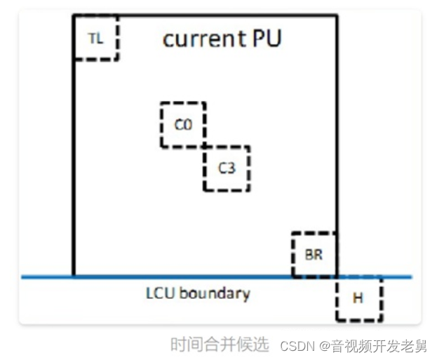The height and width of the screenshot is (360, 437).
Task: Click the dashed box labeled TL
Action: coord(96,37)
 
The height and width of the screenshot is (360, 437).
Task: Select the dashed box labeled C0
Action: coord(182,124)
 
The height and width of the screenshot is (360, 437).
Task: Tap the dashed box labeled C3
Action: coord(226,168)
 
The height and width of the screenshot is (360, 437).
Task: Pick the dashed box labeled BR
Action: coord(314,254)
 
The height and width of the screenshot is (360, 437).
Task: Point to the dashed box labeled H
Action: coord(358,298)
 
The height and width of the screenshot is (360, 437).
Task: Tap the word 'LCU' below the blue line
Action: coord(159,292)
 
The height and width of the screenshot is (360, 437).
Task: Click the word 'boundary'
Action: coord(213,292)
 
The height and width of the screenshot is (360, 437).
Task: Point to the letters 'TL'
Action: coord(95,39)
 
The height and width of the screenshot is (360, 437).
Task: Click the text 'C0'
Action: coord(182,125)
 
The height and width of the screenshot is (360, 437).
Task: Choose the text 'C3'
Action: coord(226,168)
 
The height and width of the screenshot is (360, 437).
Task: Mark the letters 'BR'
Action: coord(314,255)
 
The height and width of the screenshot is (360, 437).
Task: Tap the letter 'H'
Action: coord(358,299)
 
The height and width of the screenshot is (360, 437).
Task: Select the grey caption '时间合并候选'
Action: coord(220,345)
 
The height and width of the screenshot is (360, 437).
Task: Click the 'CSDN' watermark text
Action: coord(298,346)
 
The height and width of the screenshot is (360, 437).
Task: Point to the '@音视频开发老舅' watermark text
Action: coord(373,346)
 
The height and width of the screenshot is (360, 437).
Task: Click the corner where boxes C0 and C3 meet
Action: coord(204,146)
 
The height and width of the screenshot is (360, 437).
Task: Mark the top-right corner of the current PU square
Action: coord(337,15)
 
